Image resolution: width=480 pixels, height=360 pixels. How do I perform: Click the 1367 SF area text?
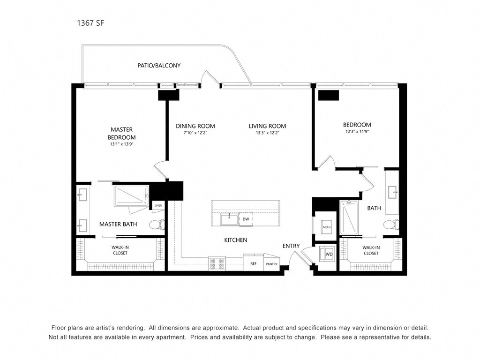(90, 23)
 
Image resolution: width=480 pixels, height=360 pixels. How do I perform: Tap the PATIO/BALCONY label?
(159, 65)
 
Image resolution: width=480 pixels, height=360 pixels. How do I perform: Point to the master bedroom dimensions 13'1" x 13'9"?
(121, 144)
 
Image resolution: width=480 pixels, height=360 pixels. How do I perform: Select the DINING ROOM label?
(195, 126)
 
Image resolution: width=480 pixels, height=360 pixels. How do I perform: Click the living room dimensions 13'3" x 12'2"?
(267, 133)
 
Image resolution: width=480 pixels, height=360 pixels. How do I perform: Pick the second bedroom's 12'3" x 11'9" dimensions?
(357, 132)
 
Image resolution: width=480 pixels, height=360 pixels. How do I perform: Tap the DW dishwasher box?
(246, 219)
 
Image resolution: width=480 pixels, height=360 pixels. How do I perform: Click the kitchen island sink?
(230, 219)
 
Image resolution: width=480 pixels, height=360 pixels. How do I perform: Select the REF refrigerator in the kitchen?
(254, 262)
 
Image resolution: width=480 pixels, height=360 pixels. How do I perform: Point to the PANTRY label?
(271, 264)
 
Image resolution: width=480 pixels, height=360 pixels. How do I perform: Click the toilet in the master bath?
(157, 225)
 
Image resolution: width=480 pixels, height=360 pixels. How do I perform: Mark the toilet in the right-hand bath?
(391, 225)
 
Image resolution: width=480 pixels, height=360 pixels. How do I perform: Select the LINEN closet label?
(158, 205)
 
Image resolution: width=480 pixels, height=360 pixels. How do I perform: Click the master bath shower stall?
(132, 196)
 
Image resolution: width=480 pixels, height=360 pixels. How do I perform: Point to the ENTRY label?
(291, 246)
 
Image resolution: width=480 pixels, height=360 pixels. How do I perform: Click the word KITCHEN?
(236, 240)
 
